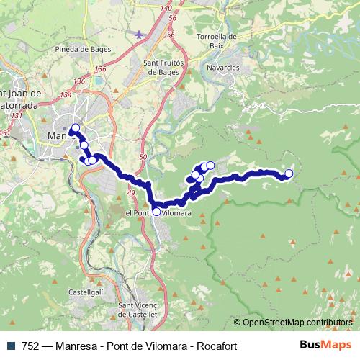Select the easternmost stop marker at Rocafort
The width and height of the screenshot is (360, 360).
click(x=289, y=173)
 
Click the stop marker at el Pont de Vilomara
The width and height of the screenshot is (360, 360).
click(x=156, y=212)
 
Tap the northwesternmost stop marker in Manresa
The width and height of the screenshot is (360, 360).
click(x=75, y=128)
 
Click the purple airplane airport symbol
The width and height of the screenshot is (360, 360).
click(x=139, y=34)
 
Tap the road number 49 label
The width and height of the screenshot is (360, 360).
click(x=131, y=194)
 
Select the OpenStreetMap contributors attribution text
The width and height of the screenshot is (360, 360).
click(x=297, y=323)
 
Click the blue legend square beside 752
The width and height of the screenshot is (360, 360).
click(x=9, y=346)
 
